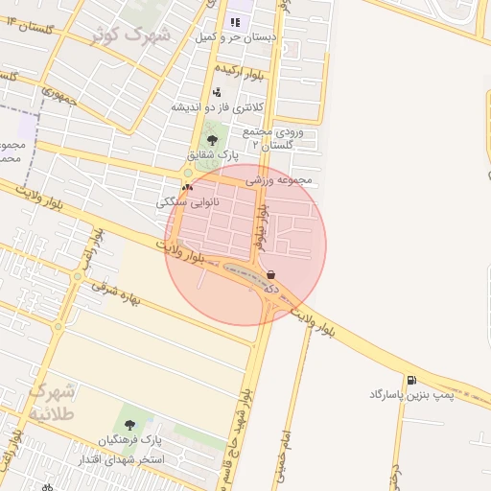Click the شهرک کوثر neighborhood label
pos(130,36)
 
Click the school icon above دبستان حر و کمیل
pos(235,21)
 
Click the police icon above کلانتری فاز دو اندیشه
pos(218,92)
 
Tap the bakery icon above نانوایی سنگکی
pos(188,188)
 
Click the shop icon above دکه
pos(272,273)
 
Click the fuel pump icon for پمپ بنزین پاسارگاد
pos(411,380)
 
